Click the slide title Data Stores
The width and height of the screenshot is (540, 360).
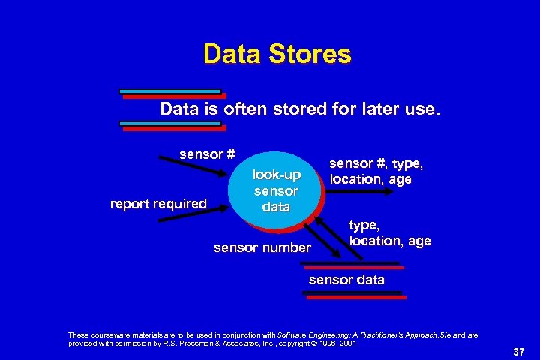click(x=277, y=54)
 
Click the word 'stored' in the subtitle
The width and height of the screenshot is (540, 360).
click(x=298, y=109)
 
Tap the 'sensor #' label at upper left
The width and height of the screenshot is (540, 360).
click(x=207, y=154)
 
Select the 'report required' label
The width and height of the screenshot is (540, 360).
click(x=158, y=203)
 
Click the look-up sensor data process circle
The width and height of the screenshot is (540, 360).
click(x=276, y=190)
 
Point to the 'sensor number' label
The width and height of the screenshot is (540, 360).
click(x=262, y=247)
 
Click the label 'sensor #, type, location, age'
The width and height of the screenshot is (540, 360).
click(x=376, y=171)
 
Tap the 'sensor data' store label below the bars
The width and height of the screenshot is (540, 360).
click(x=346, y=280)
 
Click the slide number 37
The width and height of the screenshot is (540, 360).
click(x=518, y=352)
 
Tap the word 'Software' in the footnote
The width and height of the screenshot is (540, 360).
click(x=295, y=334)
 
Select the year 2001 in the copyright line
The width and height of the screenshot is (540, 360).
click(x=348, y=343)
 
